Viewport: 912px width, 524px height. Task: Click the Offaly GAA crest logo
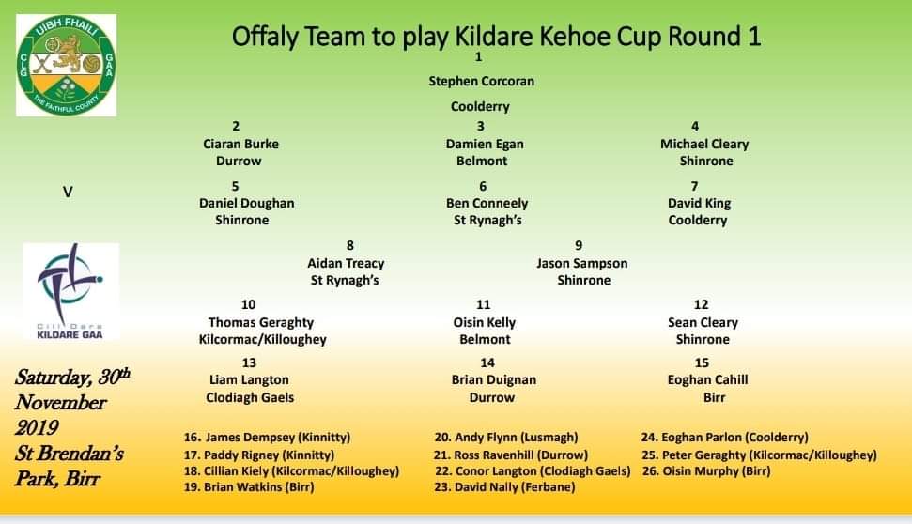pos(67,65)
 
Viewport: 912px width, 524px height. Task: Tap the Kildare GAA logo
pos(71,291)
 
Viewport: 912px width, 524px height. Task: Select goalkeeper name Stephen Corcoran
pos(481,82)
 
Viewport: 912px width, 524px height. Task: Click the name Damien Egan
pos(485,145)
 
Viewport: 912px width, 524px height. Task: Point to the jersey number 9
pos(579,245)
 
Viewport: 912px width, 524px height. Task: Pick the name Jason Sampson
pos(581,264)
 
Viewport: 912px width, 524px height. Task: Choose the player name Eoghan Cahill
pos(707,379)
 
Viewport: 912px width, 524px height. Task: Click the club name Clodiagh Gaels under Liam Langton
pos(250,398)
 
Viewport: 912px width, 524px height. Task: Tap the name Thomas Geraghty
pos(260,323)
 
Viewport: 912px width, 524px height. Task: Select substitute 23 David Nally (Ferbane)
pos(504,487)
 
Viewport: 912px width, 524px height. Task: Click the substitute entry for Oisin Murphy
pos(706,471)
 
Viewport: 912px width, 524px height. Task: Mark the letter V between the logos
pos(68,192)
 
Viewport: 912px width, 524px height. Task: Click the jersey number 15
pos(702,362)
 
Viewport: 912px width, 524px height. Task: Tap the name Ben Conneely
pos(487,204)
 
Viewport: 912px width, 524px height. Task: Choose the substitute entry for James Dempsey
pos(267,438)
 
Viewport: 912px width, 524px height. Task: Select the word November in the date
pos(60,403)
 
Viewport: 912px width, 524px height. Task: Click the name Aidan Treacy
pos(346,264)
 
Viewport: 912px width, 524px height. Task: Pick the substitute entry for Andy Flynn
pos(506,438)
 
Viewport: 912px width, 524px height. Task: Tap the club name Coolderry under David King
pos(697,221)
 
